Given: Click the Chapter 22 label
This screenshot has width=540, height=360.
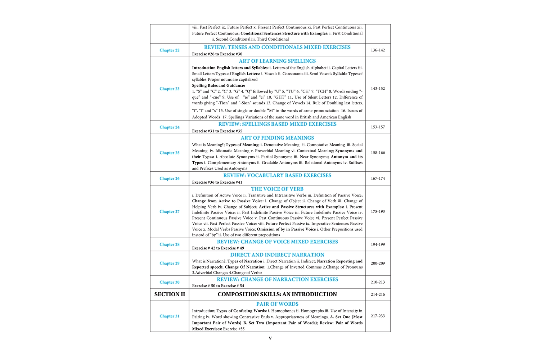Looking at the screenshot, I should click(x=169, y=50).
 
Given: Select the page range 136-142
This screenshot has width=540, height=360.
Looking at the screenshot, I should click(x=378, y=50).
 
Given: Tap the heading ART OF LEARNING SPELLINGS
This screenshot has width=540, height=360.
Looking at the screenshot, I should click(x=277, y=61).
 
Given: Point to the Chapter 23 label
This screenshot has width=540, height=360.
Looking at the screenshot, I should click(x=169, y=89).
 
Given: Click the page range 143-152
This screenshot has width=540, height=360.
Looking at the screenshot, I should click(x=378, y=89).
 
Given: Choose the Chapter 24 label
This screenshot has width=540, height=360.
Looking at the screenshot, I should click(x=169, y=127).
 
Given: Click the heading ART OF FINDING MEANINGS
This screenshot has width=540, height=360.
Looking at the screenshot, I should click(x=277, y=138).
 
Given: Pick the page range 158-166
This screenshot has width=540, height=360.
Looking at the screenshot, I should click(x=378, y=153).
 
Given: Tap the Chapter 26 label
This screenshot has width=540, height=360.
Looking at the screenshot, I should click(x=169, y=179).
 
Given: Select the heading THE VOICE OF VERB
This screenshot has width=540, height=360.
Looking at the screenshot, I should click(x=277, y=189).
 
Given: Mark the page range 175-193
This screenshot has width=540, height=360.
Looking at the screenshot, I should click(x=378, y=212).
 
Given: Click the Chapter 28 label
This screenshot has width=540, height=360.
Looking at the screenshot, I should click(x=169, y=244).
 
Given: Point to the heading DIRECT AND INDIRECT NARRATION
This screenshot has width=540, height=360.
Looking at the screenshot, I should click(x=277, y=255).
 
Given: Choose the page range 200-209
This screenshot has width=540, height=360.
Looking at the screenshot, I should click(x=378, y=264).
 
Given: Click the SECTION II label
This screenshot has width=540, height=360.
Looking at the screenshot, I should click(x=170, y=294).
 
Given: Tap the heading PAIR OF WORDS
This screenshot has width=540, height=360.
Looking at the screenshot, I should click(x=277, y=304).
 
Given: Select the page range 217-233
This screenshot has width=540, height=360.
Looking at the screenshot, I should click(x=378, y=316).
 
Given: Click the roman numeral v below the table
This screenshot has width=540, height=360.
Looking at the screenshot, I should click(x=270, y=338).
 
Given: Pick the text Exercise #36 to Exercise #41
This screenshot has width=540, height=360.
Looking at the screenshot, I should click(x=217, y=183).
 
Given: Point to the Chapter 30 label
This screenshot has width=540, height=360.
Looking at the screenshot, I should click(x=169, y=283).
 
